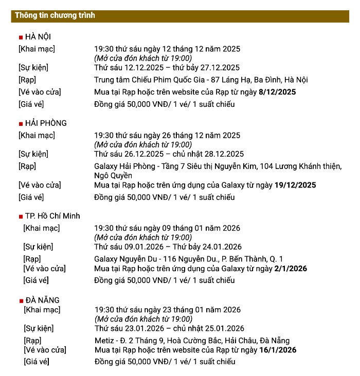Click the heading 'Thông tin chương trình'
(55, 15)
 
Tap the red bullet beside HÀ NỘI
(21, 37)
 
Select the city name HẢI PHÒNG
(46, 123)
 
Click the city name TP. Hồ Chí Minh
(52, 216)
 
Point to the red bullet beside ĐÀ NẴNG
(21, 300)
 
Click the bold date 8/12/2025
(277, 92)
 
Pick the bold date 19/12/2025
(295, 185)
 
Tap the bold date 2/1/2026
(290, 268)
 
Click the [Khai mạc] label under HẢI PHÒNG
(37, 136)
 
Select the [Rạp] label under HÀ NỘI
(27, 80)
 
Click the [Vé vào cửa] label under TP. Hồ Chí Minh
(44, 268)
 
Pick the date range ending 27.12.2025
(167, 67)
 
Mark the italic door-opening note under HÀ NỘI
(142, 58)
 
